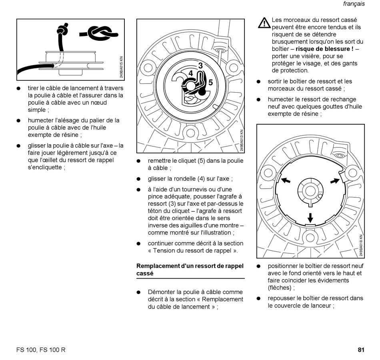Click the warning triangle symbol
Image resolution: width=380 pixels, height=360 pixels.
click(x=264, y=23)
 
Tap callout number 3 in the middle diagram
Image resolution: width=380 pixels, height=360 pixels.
click(x=200, y=65)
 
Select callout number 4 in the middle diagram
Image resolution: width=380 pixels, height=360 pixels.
click(x=191, y=74)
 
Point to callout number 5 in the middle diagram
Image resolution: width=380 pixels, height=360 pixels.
click(x=210, y=83)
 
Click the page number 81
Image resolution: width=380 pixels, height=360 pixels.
click(x=361, y=350)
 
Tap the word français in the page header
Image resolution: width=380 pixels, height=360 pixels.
click(x=354, y=4)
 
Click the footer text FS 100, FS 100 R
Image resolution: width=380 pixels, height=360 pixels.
click(x=41, y=350)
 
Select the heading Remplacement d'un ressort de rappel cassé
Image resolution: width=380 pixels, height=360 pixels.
click(x=190, y=270)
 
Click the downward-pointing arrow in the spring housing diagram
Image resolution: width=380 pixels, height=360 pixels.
click(x=310, y=217)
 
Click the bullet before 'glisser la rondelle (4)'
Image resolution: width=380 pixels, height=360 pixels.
click(x=138, y=179)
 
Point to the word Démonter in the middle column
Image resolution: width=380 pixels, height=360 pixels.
click(x=161, y=292)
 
